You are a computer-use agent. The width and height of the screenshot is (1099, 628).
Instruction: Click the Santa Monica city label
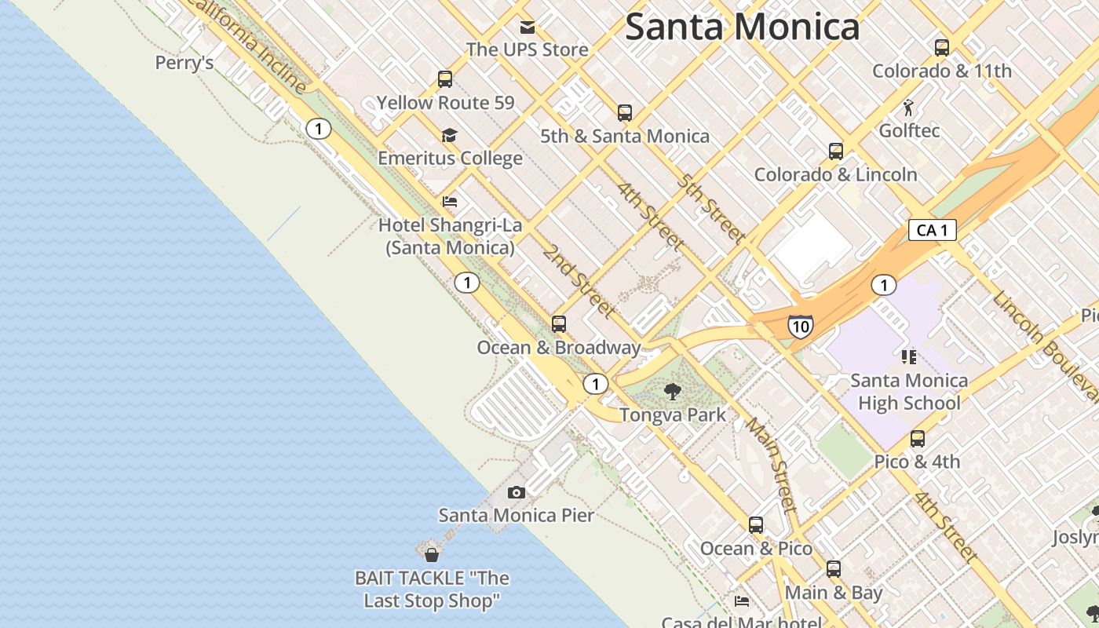742,27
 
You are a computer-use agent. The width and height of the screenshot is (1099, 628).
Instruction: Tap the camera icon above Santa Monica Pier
516,492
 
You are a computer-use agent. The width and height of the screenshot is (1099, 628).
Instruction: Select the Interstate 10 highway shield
800,327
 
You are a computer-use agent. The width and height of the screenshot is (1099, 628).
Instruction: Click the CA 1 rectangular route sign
933,230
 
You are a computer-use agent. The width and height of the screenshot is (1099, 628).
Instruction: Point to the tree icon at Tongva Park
673,391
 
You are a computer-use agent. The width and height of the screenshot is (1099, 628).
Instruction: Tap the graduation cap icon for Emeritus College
449,136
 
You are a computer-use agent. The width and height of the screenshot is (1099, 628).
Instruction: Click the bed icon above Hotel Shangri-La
450,203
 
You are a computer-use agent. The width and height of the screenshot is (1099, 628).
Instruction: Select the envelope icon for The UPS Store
528,27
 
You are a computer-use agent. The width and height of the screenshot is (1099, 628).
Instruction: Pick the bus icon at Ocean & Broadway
559,323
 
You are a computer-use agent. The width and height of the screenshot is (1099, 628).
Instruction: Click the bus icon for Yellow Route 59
445,79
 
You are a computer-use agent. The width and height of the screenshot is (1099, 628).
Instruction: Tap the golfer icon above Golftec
908,108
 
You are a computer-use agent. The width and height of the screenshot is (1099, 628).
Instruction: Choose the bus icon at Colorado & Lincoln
836,152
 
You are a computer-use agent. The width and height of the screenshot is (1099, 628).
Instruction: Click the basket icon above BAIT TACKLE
431,555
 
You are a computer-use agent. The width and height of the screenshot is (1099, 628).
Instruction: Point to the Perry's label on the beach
184,63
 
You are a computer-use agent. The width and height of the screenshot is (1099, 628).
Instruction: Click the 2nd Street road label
579,281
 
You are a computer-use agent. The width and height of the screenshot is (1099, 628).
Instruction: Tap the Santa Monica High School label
909,392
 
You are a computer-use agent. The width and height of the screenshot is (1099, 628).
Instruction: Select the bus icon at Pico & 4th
918,439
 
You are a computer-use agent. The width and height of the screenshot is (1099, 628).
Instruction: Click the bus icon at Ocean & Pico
756,524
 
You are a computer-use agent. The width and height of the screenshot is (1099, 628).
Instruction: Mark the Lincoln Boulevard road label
1043,341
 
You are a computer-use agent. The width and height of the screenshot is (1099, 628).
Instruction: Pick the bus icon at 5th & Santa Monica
625,113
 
